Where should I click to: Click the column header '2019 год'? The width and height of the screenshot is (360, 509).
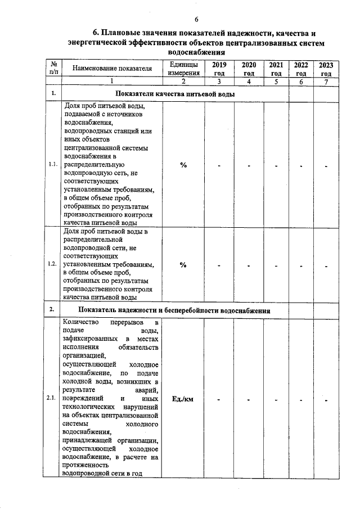tap(219, 69)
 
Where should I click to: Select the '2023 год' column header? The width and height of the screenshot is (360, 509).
tap(326, 69)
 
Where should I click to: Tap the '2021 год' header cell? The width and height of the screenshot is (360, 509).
tap(276, 69)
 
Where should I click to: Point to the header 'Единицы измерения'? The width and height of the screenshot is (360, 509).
tap(183, 69)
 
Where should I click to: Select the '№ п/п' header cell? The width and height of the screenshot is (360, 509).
tap(53, 69)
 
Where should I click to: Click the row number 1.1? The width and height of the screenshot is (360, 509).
tap(53, 165)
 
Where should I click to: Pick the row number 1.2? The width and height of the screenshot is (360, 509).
tap(53, 265)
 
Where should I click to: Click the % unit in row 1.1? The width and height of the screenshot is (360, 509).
tap(183, 165)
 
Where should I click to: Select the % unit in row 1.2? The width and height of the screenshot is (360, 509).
tap(183, 265)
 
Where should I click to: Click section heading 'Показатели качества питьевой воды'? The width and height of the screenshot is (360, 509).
tap(174, 93)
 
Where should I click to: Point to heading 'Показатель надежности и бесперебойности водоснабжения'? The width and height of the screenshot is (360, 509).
tap(174, 310)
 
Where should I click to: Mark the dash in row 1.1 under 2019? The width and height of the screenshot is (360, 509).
tap(219, 166)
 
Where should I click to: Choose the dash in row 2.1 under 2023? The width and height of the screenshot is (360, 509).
tap(326, 400)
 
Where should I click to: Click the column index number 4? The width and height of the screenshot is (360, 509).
tap(248, 82)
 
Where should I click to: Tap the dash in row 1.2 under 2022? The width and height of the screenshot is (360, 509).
tap(301, 267)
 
